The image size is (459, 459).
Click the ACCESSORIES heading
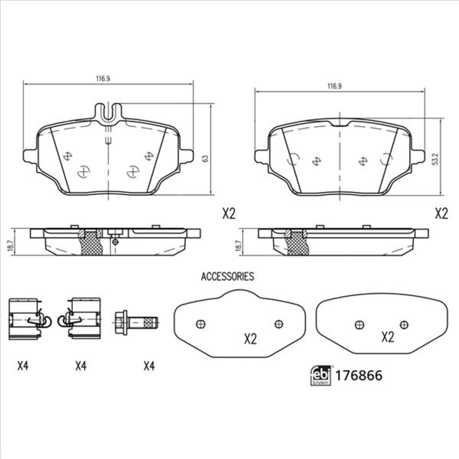(x=228, y=277)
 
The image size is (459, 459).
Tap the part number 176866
(x=359, y=376)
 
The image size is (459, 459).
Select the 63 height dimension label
(x=205, y=159)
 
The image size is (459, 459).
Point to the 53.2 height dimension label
(x=436, y=159)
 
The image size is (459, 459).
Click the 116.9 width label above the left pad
(x=103, y=79)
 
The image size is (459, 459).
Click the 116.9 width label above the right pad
(x=334, y=86)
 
